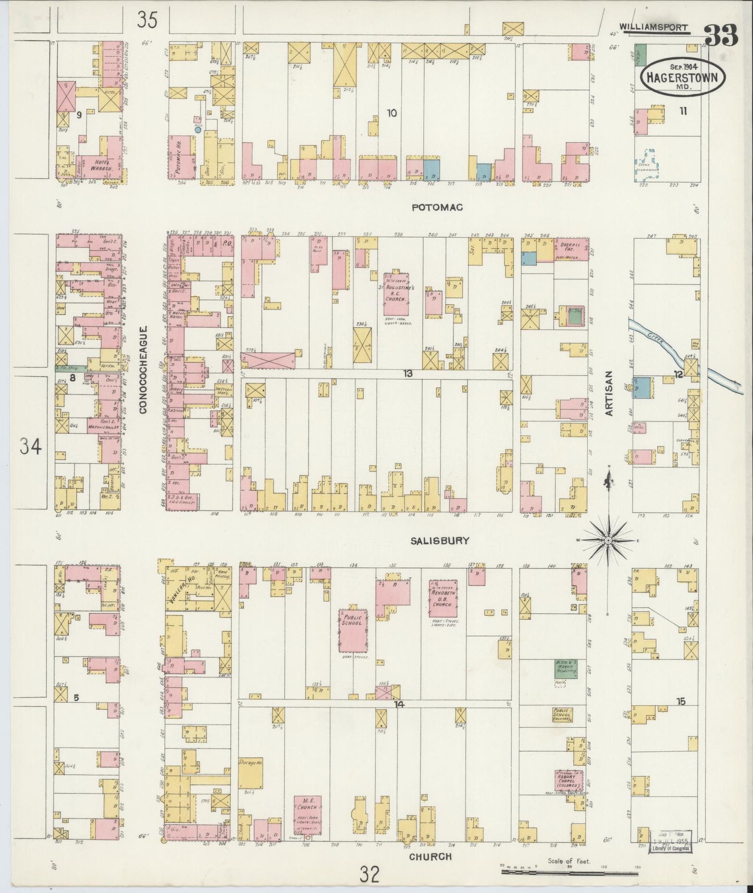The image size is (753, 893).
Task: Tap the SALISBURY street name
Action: [x=439, y=541]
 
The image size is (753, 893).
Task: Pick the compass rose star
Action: [x=608, y=541]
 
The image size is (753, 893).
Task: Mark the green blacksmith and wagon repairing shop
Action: [x=565, y=669]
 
